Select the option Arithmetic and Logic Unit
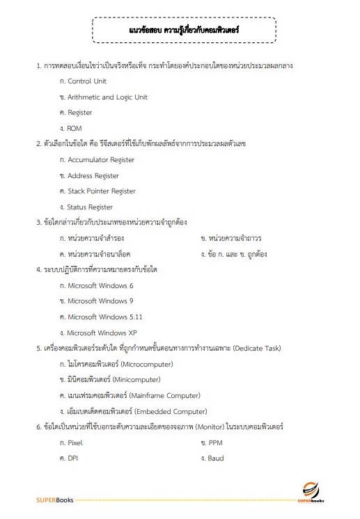click(x=107, y=97)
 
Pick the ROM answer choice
click(x=75, y=129)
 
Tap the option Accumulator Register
click(x=100, y=160)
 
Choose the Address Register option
click(x=93, y=176)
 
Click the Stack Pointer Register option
click(x=101, y=191)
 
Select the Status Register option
click(x=90, y=207)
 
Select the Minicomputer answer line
click(x=114, y=380)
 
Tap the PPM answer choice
click(x=214, y=442)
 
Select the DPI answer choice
click(x=73, y=458)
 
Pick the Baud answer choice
click(x=215, y=458)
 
